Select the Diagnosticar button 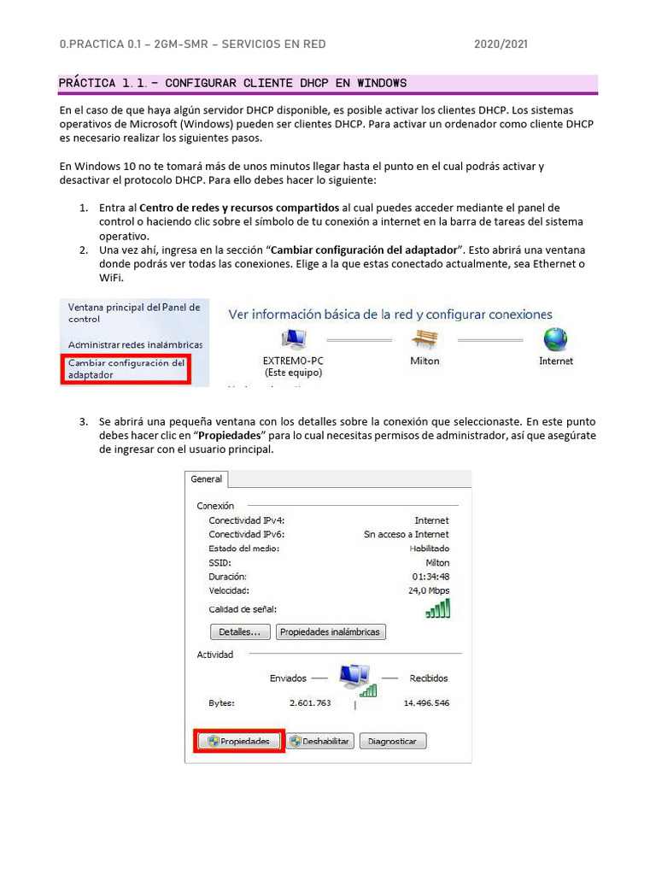tap(393, 741)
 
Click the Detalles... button tap(240, 632)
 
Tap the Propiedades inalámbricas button tap(331, 632)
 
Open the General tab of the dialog tap(207, 479)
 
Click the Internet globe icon tap(555, 339)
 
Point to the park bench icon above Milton tap(425, 338)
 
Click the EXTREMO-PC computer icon tap(294, 339)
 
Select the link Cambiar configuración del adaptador tap(126, 368)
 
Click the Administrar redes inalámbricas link tap(135, 344)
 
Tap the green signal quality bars tap(437, 608)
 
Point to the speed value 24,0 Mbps tap(429, 590)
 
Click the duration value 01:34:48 tap(430, 577)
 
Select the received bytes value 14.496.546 tap(426, 703)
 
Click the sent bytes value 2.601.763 tap(310, 703)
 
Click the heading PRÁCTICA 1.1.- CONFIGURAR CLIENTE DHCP tap(232, 83)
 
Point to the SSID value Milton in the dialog tap(437, 563)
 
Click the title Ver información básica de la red tap(389, 314)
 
